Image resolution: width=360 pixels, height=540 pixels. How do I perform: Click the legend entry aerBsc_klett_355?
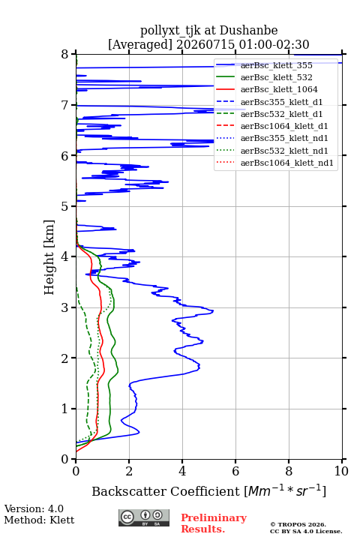(276, 65)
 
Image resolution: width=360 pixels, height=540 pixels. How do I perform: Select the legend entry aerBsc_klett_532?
(276, 77)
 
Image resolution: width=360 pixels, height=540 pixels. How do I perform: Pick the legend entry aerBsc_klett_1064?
(279, 89)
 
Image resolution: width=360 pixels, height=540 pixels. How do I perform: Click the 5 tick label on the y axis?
(65, 206)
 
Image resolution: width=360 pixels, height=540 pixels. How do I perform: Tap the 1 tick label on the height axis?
(65, 409)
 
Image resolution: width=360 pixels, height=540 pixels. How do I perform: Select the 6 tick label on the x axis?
(235, 471)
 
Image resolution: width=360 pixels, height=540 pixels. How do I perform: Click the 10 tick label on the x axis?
(341, 471)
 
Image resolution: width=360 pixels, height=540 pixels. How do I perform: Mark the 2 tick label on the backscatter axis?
(129, 471)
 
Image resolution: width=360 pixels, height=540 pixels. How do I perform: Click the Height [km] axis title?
(49, 257)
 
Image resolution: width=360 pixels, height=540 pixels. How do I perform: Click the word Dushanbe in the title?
(248, 31)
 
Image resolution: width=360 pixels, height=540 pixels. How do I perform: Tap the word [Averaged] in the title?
(140, 45)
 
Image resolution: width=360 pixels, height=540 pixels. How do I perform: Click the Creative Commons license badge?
(144, 518)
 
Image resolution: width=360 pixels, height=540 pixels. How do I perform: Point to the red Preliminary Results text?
(214, 523)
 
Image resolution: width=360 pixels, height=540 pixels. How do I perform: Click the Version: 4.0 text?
(34, 508)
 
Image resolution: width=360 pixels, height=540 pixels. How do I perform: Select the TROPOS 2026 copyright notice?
(298, 524)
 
